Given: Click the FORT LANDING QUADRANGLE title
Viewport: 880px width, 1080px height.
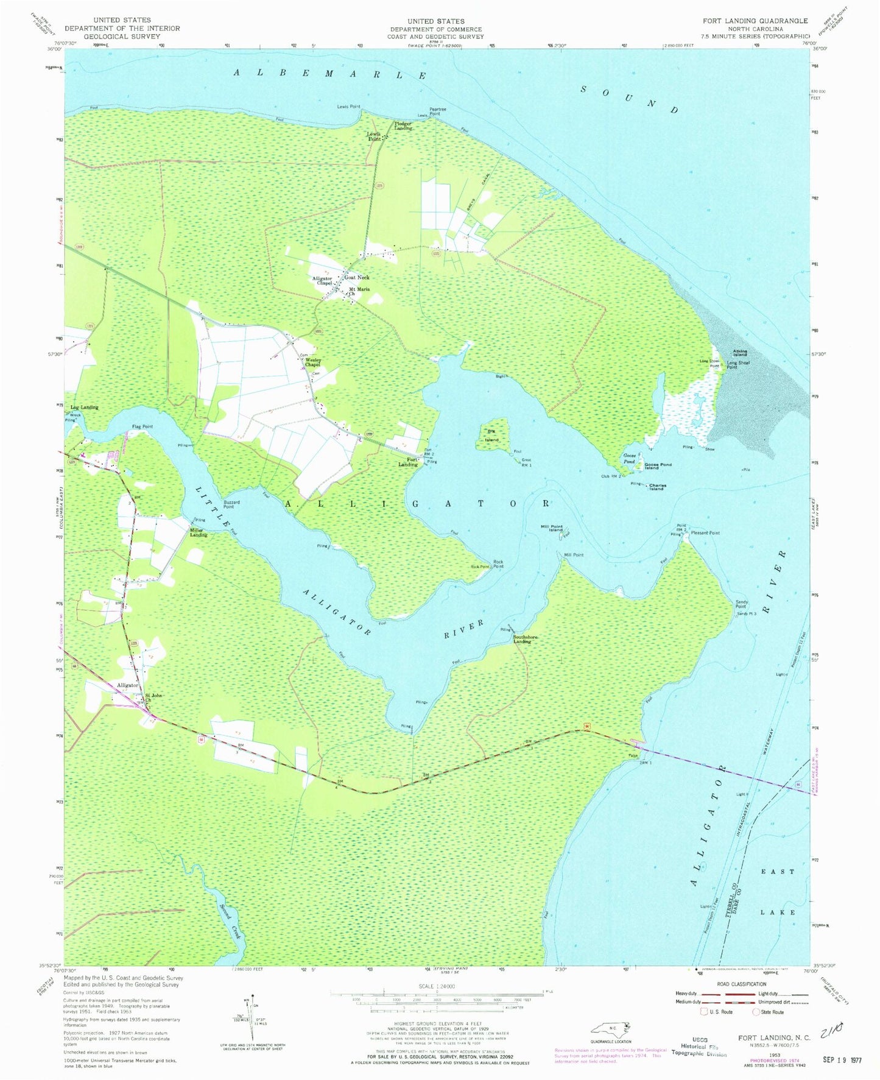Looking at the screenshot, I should (x=755, y=21).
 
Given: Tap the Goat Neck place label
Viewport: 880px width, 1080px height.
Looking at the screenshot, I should (x=356, y=278).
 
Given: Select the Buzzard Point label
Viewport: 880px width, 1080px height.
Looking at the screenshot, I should (x=228, y=504).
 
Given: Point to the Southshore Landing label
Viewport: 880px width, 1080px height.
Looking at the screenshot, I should (x=525, y=639).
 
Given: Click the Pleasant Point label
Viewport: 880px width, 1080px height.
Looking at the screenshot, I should (x=705, y=533).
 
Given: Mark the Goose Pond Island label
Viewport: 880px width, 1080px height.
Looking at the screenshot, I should (x=658, y=466).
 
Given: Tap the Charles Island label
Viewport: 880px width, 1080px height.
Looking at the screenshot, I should (x=657, y=487).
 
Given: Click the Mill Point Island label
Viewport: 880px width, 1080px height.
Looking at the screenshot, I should (x=551, y=528).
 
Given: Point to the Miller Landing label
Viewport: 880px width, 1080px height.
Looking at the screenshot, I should (x=199, y=532).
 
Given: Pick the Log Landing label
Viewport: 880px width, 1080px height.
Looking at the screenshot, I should (x=84, y=408).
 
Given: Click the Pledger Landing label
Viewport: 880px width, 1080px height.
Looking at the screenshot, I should (x=403, y=126).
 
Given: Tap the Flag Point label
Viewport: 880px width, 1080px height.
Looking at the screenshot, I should (x=142, y=427).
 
